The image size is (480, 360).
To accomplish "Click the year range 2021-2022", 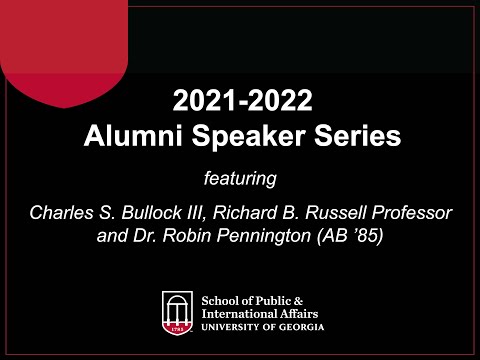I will click(240, 100).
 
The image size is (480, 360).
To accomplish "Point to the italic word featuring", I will click(239, 179).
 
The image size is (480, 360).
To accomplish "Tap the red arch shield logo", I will click(178, 311).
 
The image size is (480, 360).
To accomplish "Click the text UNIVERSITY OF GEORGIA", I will click(262, 325).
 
